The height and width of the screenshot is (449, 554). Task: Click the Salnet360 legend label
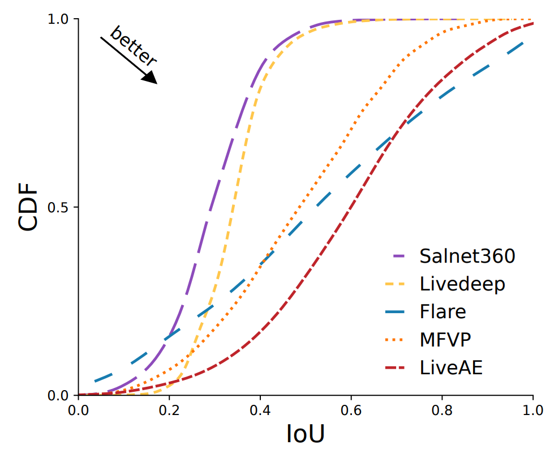point(467,256)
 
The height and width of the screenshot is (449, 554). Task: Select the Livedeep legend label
point(462,284)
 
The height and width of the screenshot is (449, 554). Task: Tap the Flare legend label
point(443,311)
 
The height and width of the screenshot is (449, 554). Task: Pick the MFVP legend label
point(446,339)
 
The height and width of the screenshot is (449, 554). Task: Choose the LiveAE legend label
point(451,367)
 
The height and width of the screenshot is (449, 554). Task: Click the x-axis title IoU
point(305,433)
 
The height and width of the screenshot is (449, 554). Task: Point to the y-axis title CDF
point(28,207)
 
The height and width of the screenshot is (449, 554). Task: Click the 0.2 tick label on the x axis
point(169,409)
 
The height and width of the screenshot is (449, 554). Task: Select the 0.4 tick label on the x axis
point(260,409)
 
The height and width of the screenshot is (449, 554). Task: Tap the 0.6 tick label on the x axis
point(351,409)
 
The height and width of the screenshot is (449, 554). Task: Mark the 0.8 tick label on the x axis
point(442,409)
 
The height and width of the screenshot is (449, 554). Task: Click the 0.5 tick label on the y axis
point(58,207)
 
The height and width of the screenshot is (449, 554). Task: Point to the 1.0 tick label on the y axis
point(58,19)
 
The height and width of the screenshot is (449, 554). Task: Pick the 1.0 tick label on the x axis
point(532,409)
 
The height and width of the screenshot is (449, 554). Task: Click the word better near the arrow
point(133,46)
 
